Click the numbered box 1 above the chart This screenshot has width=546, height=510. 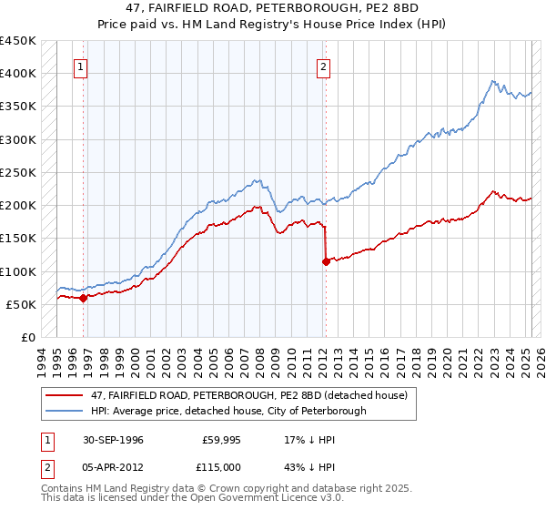81,66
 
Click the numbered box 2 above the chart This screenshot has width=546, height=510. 323,66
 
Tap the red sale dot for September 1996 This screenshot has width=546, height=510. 83,298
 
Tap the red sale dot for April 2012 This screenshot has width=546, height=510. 326,261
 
